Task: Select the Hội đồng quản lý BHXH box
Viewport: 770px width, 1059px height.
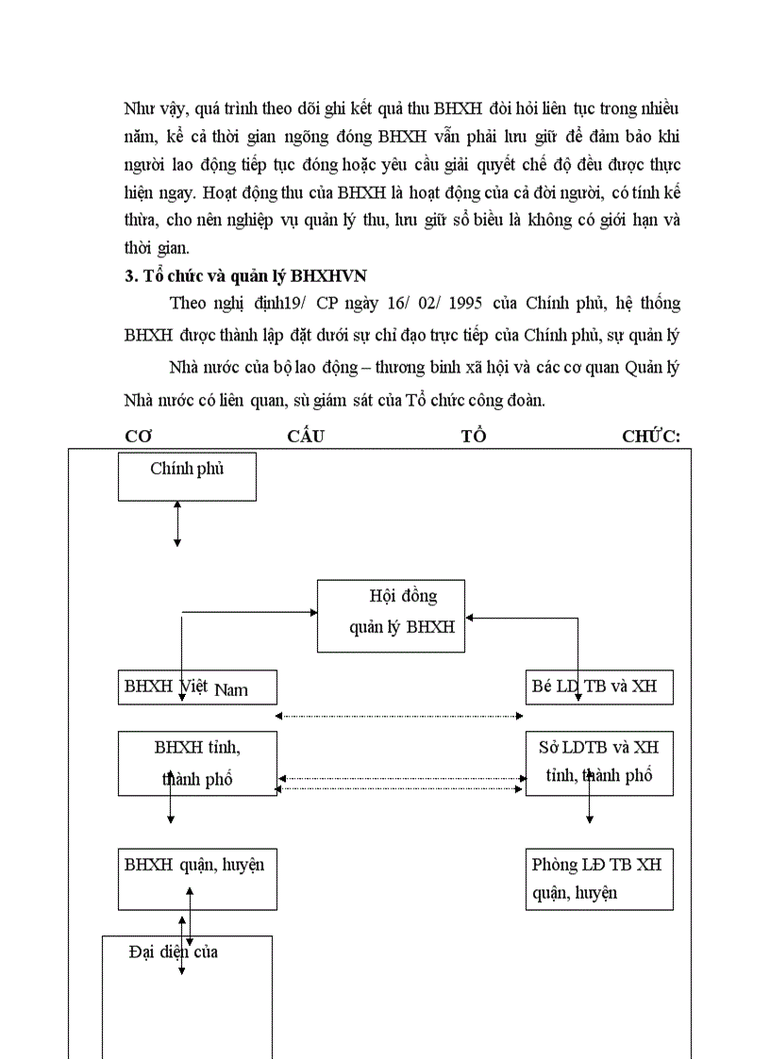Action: [391, 616]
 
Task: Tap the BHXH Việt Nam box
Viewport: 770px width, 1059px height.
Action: [197, 687]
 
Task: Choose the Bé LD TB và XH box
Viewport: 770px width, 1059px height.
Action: [599, 687]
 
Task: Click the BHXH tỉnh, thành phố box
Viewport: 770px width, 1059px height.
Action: [197, 763]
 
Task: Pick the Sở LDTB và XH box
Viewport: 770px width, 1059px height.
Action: [599, 763]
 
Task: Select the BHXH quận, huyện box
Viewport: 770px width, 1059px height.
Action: [197, 879]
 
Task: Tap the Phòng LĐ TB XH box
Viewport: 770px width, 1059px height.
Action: [599, 879]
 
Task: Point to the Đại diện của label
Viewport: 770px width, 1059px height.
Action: [174, 951]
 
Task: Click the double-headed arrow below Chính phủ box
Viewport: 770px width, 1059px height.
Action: [177, 523]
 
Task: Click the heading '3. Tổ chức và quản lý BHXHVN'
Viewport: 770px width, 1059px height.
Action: [245, 275]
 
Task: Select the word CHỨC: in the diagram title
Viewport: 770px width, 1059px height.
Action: [651, 437]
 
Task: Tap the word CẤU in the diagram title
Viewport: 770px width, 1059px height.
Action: [307, 437]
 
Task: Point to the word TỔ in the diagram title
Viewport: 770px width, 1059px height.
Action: [474, 437]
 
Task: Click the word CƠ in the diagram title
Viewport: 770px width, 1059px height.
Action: [139, 437]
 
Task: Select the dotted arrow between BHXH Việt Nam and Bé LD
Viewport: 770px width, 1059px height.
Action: [400, 717]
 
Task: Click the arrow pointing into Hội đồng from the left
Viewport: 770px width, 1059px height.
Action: [250, 612]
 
